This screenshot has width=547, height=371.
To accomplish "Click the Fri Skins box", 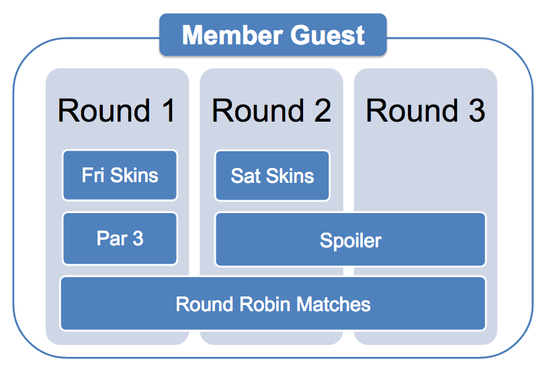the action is (120, 175).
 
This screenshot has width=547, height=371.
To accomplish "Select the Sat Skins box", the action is (272, 175).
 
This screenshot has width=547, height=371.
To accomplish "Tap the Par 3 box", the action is (120, 239).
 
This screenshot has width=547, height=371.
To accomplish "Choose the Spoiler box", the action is (350, 240).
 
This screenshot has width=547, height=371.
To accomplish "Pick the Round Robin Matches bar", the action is (273, 304).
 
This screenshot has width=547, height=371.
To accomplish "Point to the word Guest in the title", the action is (327, 35).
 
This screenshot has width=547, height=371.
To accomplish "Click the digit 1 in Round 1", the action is (169, 110).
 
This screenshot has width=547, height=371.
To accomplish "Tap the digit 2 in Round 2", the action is (323, 110).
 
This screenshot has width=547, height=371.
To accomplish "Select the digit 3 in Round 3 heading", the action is (476, 110).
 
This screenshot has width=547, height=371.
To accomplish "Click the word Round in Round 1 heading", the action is (104, 110).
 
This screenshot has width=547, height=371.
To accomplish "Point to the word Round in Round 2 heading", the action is (258, 110).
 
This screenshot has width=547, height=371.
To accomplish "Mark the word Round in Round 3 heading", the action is (412, 110).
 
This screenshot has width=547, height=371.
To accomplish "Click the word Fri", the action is (93, 175).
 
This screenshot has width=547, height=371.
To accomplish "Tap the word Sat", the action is (245, 175).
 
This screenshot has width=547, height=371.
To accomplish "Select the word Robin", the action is (265, 304).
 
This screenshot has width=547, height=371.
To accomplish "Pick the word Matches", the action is (333, 304).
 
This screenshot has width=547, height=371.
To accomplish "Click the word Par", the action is (112, 239).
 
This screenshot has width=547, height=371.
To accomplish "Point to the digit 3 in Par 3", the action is (138, 239).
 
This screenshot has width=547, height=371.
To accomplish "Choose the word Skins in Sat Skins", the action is (290, 175).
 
